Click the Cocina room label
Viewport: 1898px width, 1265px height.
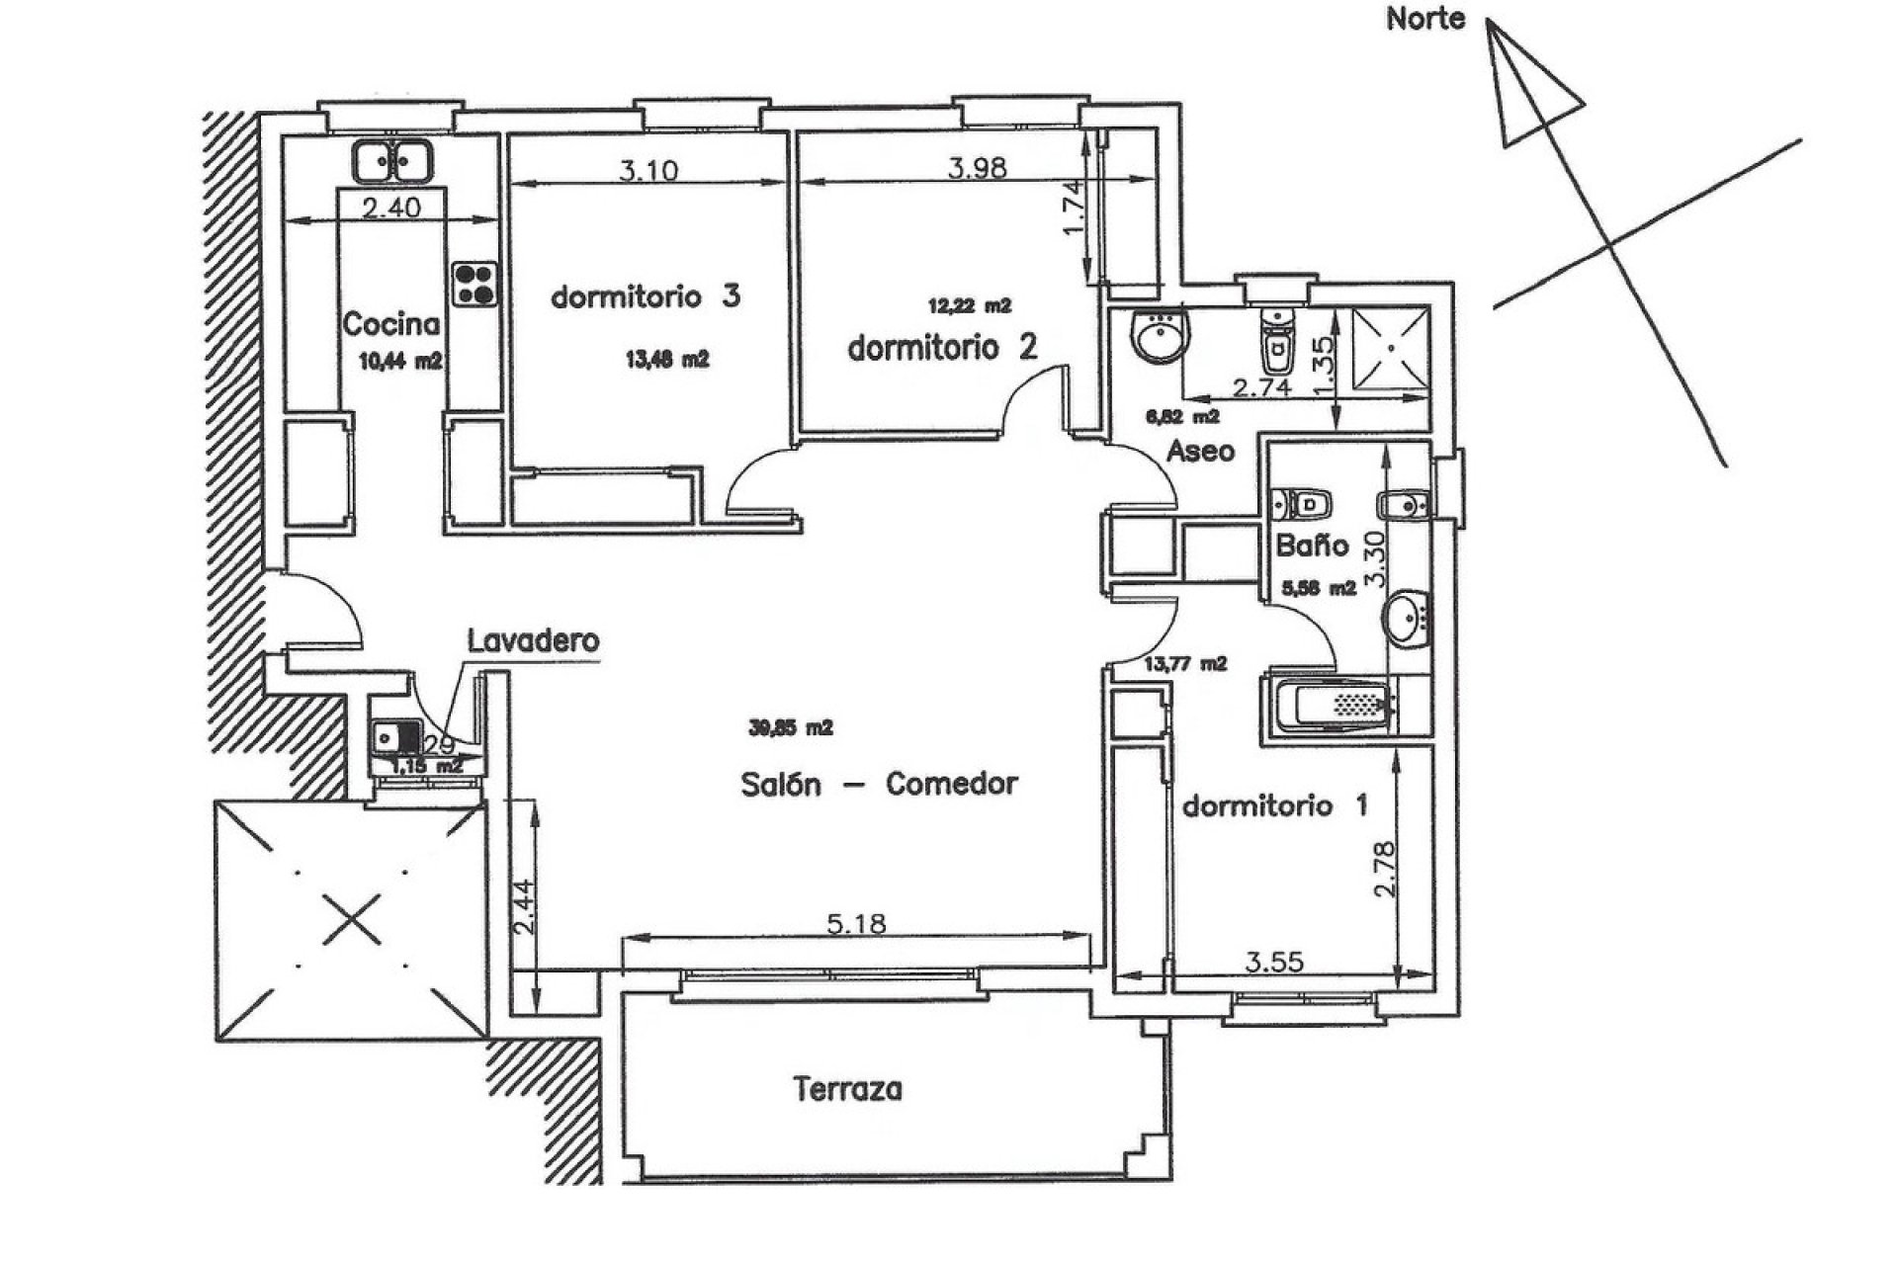(390, 324)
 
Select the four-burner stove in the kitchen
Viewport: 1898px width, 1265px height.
(475, 284)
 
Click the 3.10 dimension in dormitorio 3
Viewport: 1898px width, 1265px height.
(648, 171)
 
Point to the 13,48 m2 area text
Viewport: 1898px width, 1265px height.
(667, 360)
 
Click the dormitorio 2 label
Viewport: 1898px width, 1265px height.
(942, 348)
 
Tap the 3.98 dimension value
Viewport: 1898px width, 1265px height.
(977, 168)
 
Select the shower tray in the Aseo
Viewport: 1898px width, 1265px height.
(1391, 348)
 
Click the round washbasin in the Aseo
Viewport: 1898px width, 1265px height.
(1163, 337)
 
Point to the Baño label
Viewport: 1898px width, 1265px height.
(1312, 546)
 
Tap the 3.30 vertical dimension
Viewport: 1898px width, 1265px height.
(1376, 559)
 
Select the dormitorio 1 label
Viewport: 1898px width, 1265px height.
(1275, 805)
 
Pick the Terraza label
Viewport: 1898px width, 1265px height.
(848, 1090)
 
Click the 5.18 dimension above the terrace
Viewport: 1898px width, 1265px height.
(856, 925)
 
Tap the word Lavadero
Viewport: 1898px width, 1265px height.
(533, 640)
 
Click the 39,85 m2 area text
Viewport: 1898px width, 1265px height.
(791, 728)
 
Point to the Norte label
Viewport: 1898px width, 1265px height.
(1424, 19)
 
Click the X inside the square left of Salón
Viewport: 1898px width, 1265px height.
(352, 919)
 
